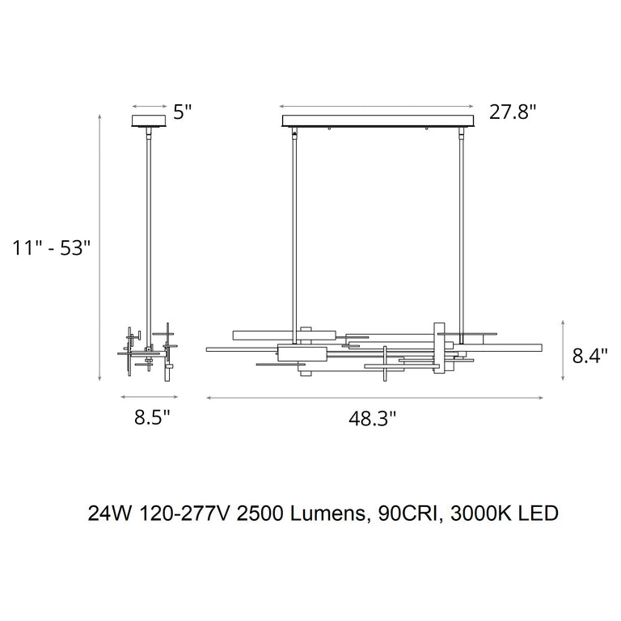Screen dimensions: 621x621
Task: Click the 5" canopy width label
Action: [x=182, y=112]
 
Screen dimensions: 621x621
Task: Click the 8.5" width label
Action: [x=151, y=418]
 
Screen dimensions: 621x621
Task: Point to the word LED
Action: [x=539, y=513]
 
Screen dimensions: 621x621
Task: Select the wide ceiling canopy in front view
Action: [x=378, y=121]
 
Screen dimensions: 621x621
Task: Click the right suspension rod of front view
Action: [x=461, y=226]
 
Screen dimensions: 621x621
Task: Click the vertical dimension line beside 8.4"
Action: [x=563, y=349]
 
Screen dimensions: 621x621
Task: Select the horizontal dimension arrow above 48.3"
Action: [x=374, y=398]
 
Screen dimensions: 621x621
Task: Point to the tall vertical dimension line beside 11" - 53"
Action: [x=99, y=247]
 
